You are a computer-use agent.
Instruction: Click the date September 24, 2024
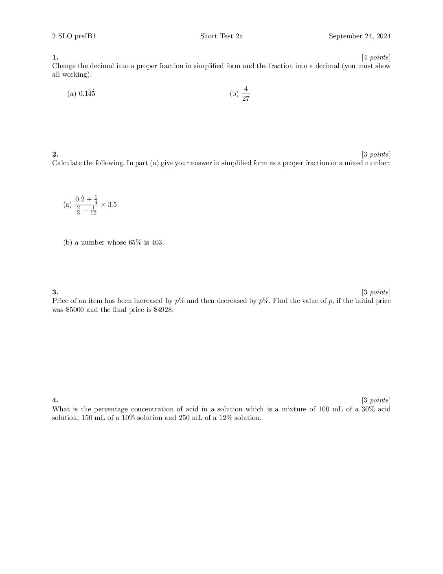tap(360, 36)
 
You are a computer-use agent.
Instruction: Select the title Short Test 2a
tap(221, 36)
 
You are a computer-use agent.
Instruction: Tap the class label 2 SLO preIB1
tap(74, 36)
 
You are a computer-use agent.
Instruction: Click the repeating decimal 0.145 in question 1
tap(87, 93)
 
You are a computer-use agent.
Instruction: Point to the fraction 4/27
tap(246, 94)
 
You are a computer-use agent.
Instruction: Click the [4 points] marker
tap(376, 57)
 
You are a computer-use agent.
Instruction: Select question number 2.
tap(55, 154)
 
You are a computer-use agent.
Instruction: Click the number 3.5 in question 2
tap(112, 205)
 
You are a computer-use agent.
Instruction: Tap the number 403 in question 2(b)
tap(157, 243)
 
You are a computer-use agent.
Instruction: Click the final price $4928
tap(164, 309)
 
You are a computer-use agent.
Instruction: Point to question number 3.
tap(55, 292)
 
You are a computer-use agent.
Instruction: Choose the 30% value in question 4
tap(368, 409)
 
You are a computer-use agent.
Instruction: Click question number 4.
tap(55, 400)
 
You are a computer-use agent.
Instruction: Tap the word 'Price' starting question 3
tap(60, 301)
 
